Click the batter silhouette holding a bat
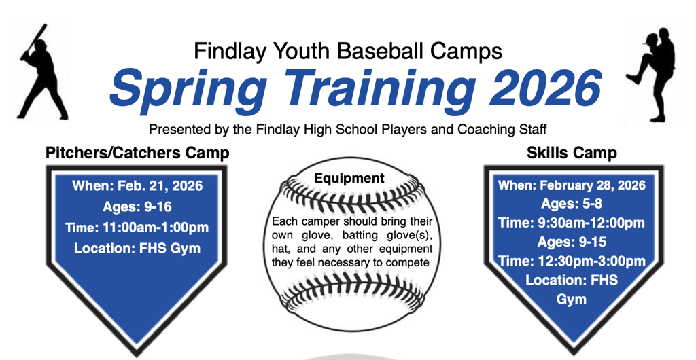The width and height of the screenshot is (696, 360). click(x=42, y=75)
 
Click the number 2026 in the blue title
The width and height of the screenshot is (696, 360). click(x=546, y=88)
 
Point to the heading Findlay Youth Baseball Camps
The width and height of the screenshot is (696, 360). click(x=348, y=51)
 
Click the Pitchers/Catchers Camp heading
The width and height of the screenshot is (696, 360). click(x=137, y=153)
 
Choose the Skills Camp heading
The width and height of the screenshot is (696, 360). click(x=572, y=153)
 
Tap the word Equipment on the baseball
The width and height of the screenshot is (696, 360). click(x=349, y=178)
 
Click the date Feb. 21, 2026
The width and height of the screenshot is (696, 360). click(x=160, y=185)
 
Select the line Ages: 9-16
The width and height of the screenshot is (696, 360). click(x=137, y=206)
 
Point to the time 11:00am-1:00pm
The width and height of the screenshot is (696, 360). click(x=156, y=228)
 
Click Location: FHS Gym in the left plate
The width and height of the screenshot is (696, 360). click(x=137, y=249)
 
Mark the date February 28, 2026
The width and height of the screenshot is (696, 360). click(x=592, y=185)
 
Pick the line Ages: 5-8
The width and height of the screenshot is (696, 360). click(x=572, y=204)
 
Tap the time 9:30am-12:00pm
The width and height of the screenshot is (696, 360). click(x=591, y=223)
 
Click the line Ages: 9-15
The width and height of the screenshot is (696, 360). click(x=572, y=242)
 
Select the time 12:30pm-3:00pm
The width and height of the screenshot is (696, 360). click(x=591, y=261)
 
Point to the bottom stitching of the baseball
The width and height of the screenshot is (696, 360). click(x=351, y=292)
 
